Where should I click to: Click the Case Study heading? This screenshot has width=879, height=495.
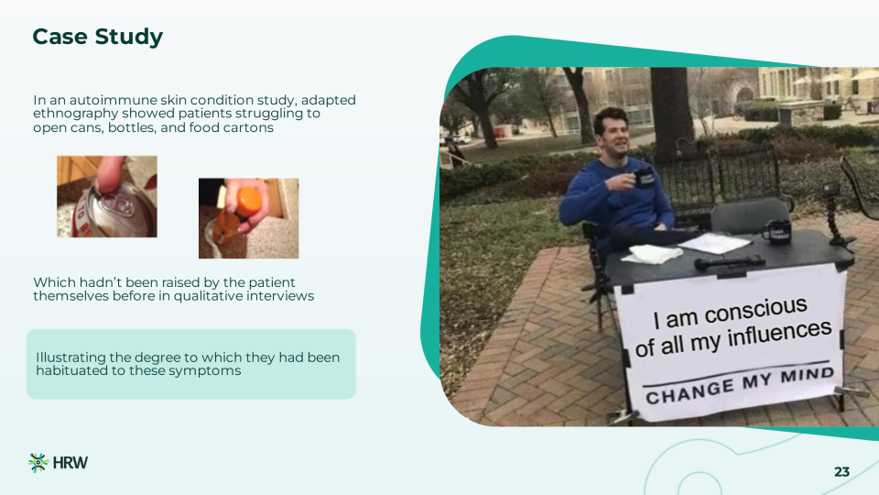click(x=98, y=37)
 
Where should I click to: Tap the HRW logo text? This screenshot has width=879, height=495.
click(x=71, y=463)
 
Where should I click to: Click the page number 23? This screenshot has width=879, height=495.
click(x=842, y=472)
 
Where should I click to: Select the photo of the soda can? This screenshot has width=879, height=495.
click(x=107, y=196)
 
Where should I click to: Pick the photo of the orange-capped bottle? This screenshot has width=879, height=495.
click(x=248, y=218)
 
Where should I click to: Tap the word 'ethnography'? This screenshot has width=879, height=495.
click(x=76, y=114)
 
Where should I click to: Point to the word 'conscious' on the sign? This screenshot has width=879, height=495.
click(x=755, y=311)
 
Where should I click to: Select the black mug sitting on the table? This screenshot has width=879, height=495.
click(x=777, y=231)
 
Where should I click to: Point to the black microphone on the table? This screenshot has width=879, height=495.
click(x=730, y=261)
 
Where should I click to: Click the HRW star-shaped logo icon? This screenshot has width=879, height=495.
click(x=38, y=462)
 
